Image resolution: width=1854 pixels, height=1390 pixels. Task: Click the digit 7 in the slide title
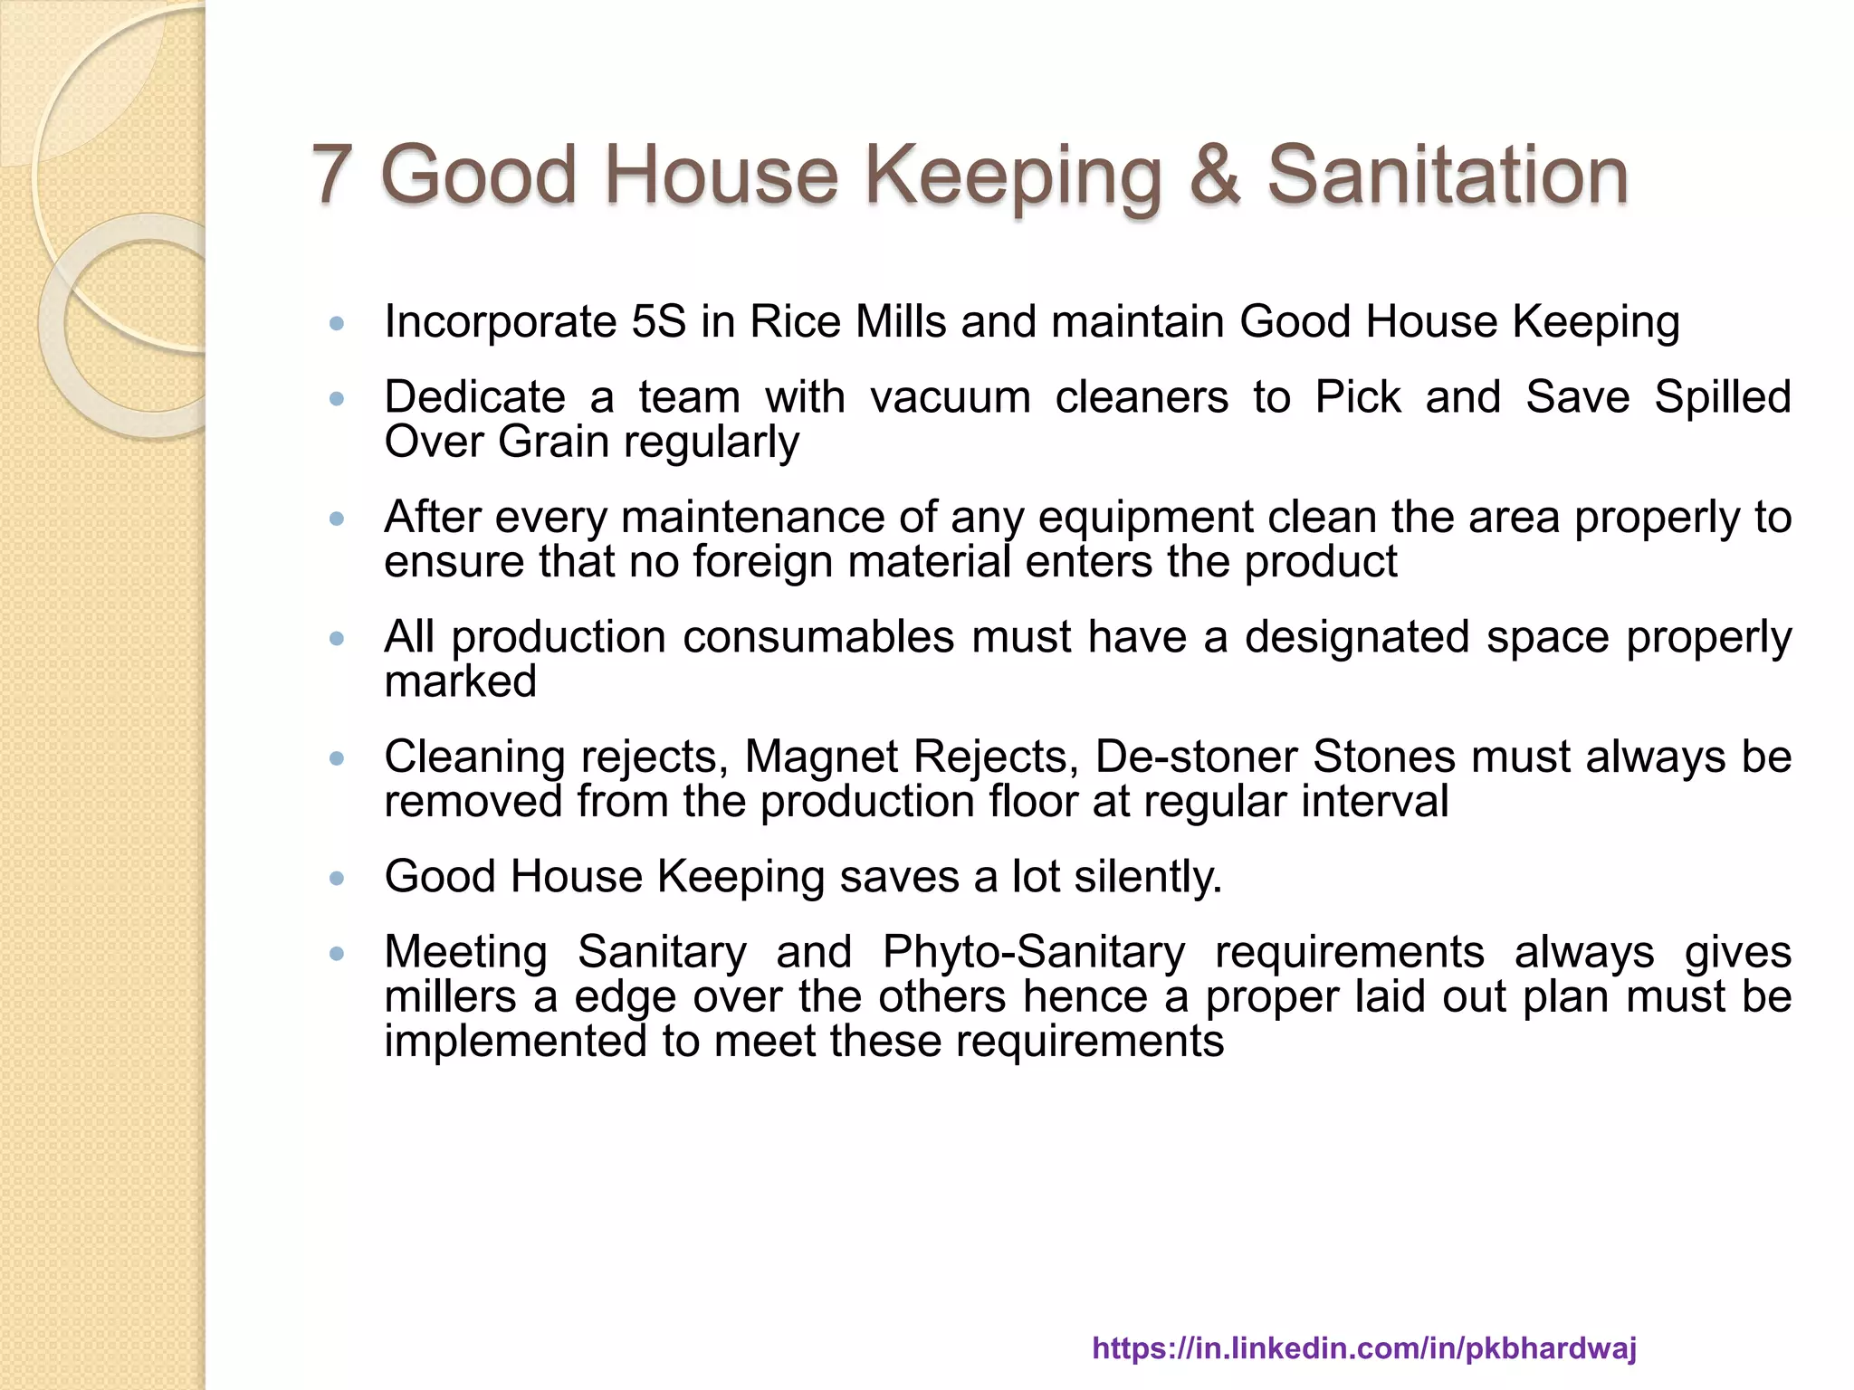tap(332, 174)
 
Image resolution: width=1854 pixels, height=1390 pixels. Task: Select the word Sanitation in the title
tap(1447, 174)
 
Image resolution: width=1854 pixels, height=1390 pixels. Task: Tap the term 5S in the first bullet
tap(659, 321)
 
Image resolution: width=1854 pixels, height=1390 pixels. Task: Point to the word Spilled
tap(1723, 397)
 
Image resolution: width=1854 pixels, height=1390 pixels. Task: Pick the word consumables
tap(818, 637)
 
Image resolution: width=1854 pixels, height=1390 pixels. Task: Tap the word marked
tap(461, 681)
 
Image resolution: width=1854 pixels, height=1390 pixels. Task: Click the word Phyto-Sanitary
tap(1033, 952)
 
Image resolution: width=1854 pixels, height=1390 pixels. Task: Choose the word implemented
tap(515, 1041)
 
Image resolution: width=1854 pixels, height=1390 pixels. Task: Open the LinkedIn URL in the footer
tap(1364, 1347)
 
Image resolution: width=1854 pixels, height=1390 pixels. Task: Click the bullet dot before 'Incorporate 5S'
tap(338, 323)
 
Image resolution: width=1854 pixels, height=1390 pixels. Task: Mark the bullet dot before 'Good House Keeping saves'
tap(338, 878)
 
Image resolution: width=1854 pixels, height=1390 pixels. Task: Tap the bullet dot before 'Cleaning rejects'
tap(338, 758)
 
